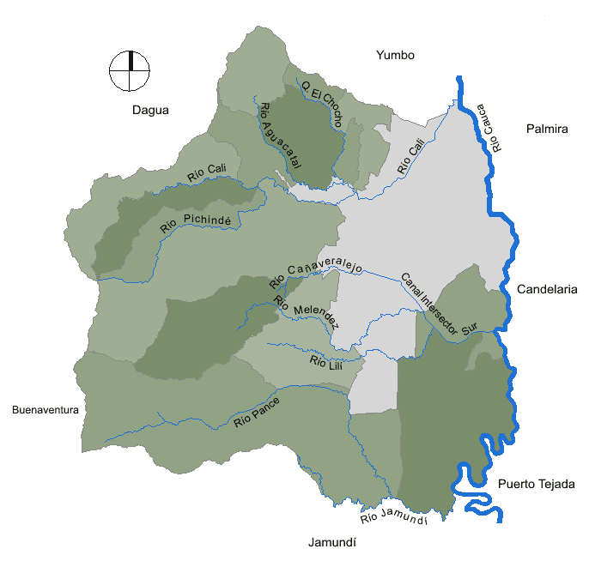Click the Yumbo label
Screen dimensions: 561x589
pos(395,56)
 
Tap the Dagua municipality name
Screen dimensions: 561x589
pos(151,110)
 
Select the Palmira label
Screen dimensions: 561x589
pos(547,130)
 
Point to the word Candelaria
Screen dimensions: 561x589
pos(547,290)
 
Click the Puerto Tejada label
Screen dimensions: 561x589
pos(537,484)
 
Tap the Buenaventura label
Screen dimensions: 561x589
pos(46,410)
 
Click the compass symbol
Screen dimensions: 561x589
pos(130,71)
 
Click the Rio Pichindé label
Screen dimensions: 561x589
pos(196,224)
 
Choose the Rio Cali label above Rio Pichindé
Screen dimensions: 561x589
pos(206,172)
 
